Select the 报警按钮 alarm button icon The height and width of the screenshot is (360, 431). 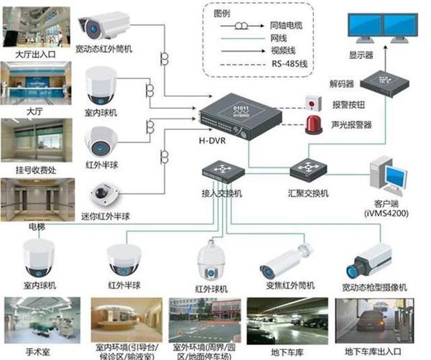[311, 100]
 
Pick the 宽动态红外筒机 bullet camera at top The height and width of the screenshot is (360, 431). [105, 26]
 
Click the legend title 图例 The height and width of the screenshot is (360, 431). [223, 14]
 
